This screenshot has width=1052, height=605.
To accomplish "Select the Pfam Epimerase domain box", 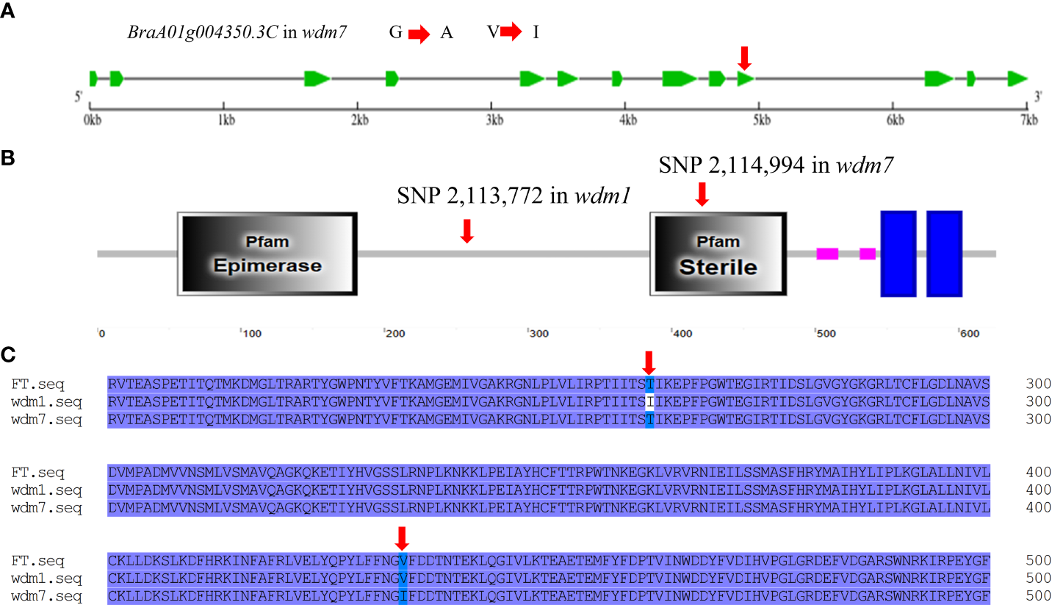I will coord(267,254).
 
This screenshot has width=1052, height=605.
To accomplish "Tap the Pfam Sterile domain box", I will coord(718,254).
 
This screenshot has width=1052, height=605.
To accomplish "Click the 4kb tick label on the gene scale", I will coord(627,119).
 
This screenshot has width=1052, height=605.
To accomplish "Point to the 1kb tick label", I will coord(225,119).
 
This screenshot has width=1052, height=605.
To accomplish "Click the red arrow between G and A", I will coord(419,34).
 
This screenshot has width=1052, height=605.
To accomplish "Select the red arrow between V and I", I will coord(511,32).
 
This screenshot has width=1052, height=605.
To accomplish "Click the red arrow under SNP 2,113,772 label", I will coord(466,230).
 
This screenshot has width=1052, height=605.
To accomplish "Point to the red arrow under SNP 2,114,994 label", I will coord(702,193).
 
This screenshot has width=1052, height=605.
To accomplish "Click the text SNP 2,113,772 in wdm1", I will coord(514,196).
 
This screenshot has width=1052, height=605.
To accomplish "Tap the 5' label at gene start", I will coord(79,96).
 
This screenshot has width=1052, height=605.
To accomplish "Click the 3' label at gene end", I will coord(1038,96).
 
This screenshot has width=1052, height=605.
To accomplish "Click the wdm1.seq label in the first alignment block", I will coord(46,401).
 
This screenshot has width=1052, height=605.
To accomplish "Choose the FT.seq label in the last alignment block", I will coord(37,562).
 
